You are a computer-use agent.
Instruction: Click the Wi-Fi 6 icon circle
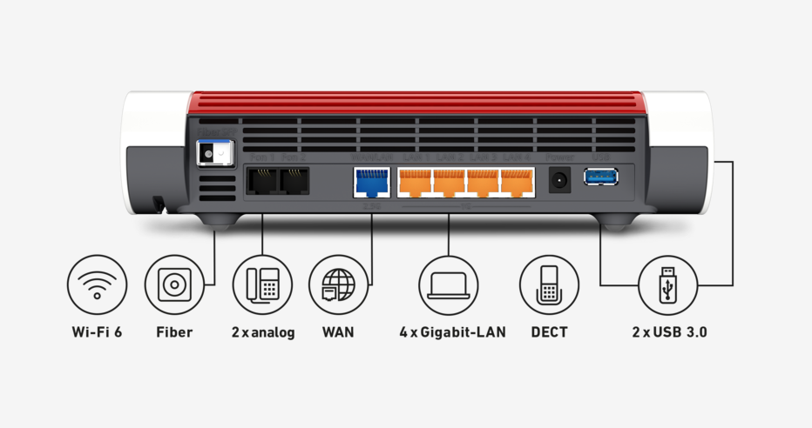point(97,284)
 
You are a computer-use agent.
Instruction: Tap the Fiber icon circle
point(174,284)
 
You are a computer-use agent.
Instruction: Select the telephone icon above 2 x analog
point(262,284)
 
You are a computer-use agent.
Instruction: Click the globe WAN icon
point(338,284)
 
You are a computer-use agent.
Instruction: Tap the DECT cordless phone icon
point(549,284)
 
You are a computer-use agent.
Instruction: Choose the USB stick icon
point(668,284)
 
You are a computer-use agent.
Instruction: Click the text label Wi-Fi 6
point(97,332)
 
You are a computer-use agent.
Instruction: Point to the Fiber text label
point(174,332)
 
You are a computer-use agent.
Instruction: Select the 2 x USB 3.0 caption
point(668,332)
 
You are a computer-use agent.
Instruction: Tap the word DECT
point(549,332)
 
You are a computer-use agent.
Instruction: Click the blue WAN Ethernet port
point(372,181)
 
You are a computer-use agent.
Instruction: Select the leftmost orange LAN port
point(416,181)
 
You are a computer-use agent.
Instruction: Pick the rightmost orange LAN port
point(518,181)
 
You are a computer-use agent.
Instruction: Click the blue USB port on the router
point(601,177)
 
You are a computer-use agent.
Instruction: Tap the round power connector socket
point(558,181)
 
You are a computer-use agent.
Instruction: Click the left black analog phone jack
point(260,180)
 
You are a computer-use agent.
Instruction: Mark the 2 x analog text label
point(262,332)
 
